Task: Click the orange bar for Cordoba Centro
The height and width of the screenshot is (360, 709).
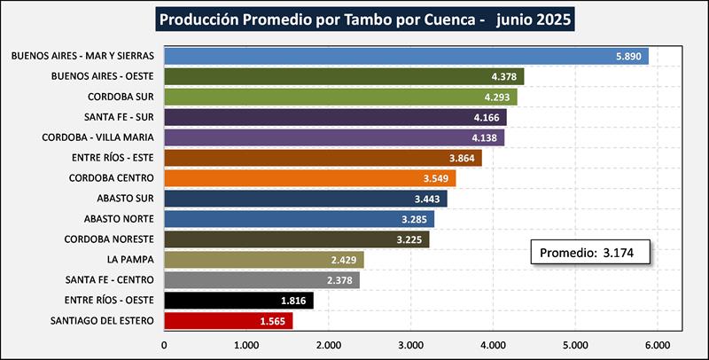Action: click(x=310, y=177)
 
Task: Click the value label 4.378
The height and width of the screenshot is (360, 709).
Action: click(x=505, y=76)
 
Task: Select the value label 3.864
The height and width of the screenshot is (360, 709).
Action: click(x=464, y=158)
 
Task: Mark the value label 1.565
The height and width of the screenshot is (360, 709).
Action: click(x=272, y=320)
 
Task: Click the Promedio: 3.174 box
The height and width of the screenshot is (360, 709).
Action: click(x=591, y=253)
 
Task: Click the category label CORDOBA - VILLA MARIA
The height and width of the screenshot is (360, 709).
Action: click(x=98, y=137)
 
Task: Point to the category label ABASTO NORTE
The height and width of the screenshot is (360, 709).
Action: click(x=119, y=218)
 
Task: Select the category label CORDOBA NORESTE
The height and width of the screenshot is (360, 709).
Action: click(x=109, y=239)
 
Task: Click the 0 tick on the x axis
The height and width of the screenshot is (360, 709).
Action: click(x=165, y=344)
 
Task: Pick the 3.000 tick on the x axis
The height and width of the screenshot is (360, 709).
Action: click(x=410, y=344)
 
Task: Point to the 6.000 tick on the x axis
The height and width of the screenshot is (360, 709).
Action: click(x=657, y=344)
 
